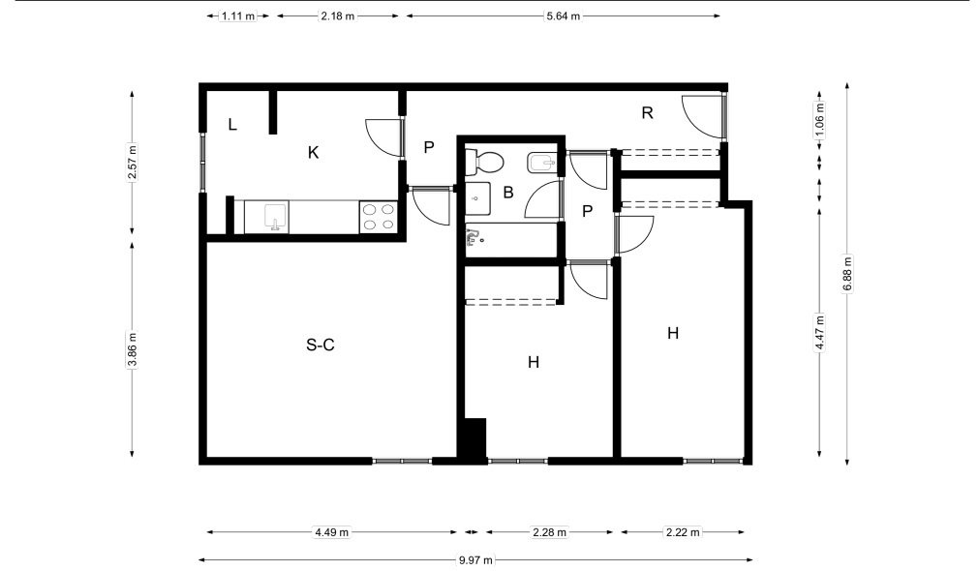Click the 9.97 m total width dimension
tap(475, 559)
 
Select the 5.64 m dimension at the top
tap(564, 16)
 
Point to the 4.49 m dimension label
tap(331, 532)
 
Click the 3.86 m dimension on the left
tap(132, 350)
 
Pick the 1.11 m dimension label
tap(238, 16)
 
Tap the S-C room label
tap(321, 345)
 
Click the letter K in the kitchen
tap(314, 152)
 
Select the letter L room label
tap(232, 124)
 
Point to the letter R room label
tap(648, 113)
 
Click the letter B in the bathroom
tap(508, 193)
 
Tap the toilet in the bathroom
tap(484, 163)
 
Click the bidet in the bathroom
tap(541, 164)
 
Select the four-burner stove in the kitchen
tap(379, 217)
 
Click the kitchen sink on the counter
tap(275, 217)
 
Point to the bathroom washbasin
tap(477, 197)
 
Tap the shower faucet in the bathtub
tap(474, 236)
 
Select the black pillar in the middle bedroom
tap(473, 440)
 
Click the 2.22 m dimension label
tap(683, 532)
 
